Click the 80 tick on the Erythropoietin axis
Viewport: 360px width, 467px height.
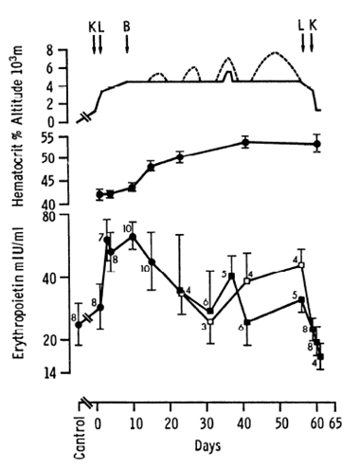click(x=67, y=218)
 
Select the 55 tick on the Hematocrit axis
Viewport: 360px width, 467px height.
click(x=67, y=138)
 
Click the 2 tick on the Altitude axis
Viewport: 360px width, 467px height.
click(x=68, y=105)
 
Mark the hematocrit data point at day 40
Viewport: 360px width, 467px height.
click(x=244, y=142)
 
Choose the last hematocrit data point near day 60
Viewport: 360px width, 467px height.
click(x=316, y=144)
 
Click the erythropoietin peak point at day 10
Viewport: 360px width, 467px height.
click(x=134, y=237)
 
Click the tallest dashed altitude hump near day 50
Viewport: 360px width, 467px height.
click(x=275, y=54)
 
